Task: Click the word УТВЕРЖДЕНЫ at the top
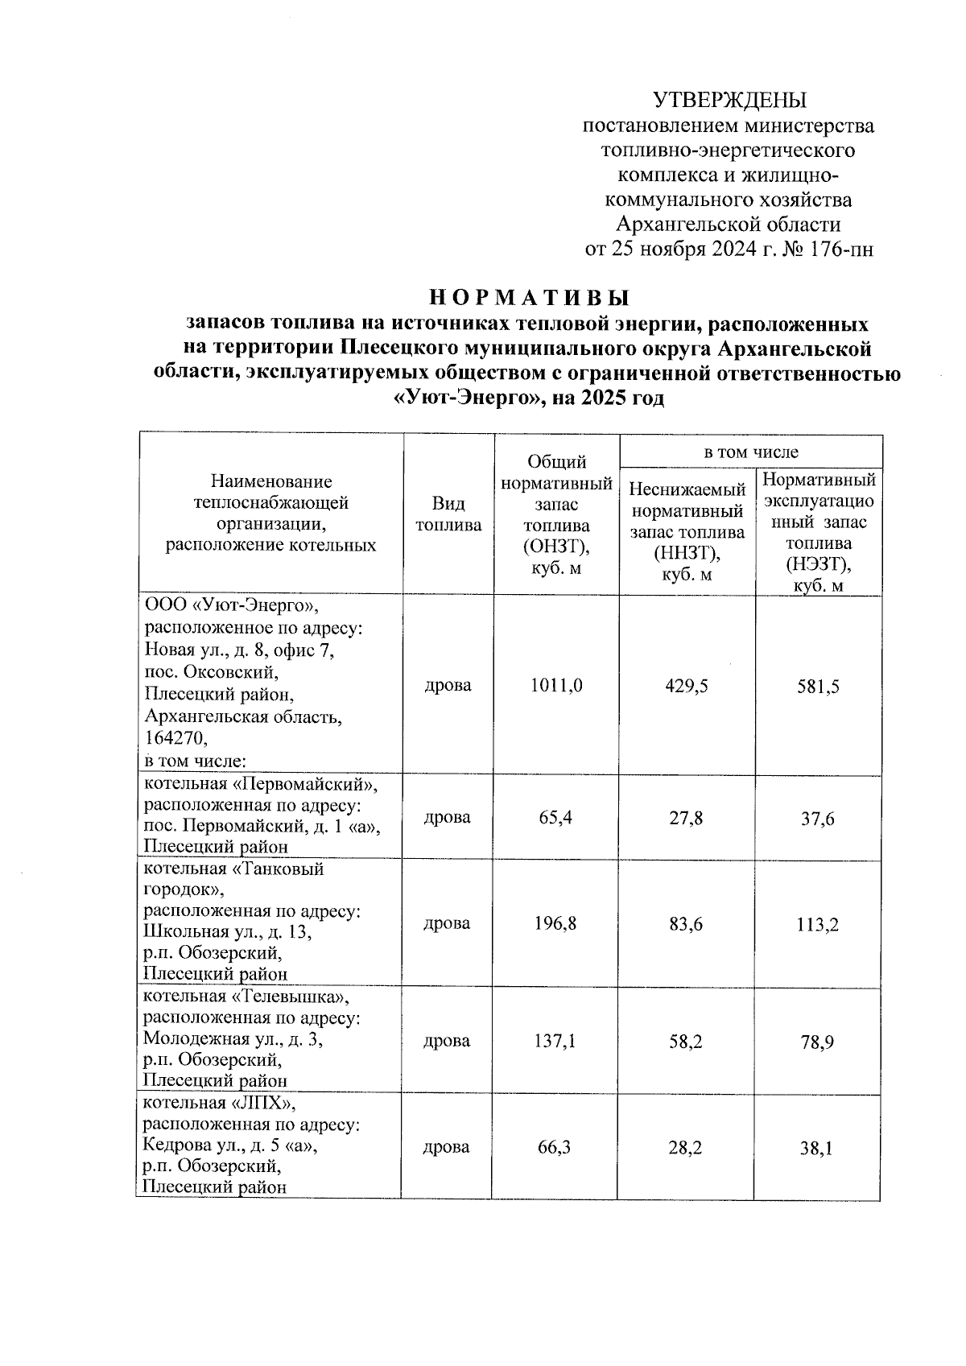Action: pos(729,100)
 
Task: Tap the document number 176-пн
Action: pos(840,249)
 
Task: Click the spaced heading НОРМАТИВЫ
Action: pos(527,297)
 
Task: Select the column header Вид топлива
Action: pos(448,514)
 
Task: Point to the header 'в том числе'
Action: pos(750,452)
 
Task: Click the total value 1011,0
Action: pos(556,685)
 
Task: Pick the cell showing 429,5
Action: pos(687,686)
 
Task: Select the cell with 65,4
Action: pos(555,818)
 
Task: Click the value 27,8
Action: pos(686,818)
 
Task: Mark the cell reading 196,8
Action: pos(555,923)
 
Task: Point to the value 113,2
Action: pos(819,925)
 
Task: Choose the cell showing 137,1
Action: pos(555,1041)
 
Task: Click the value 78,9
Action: pos(818,1042)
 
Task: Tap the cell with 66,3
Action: pos(555,1147)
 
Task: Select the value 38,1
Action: pos(817,1149)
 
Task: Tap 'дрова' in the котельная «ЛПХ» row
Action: pos(447,1147)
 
